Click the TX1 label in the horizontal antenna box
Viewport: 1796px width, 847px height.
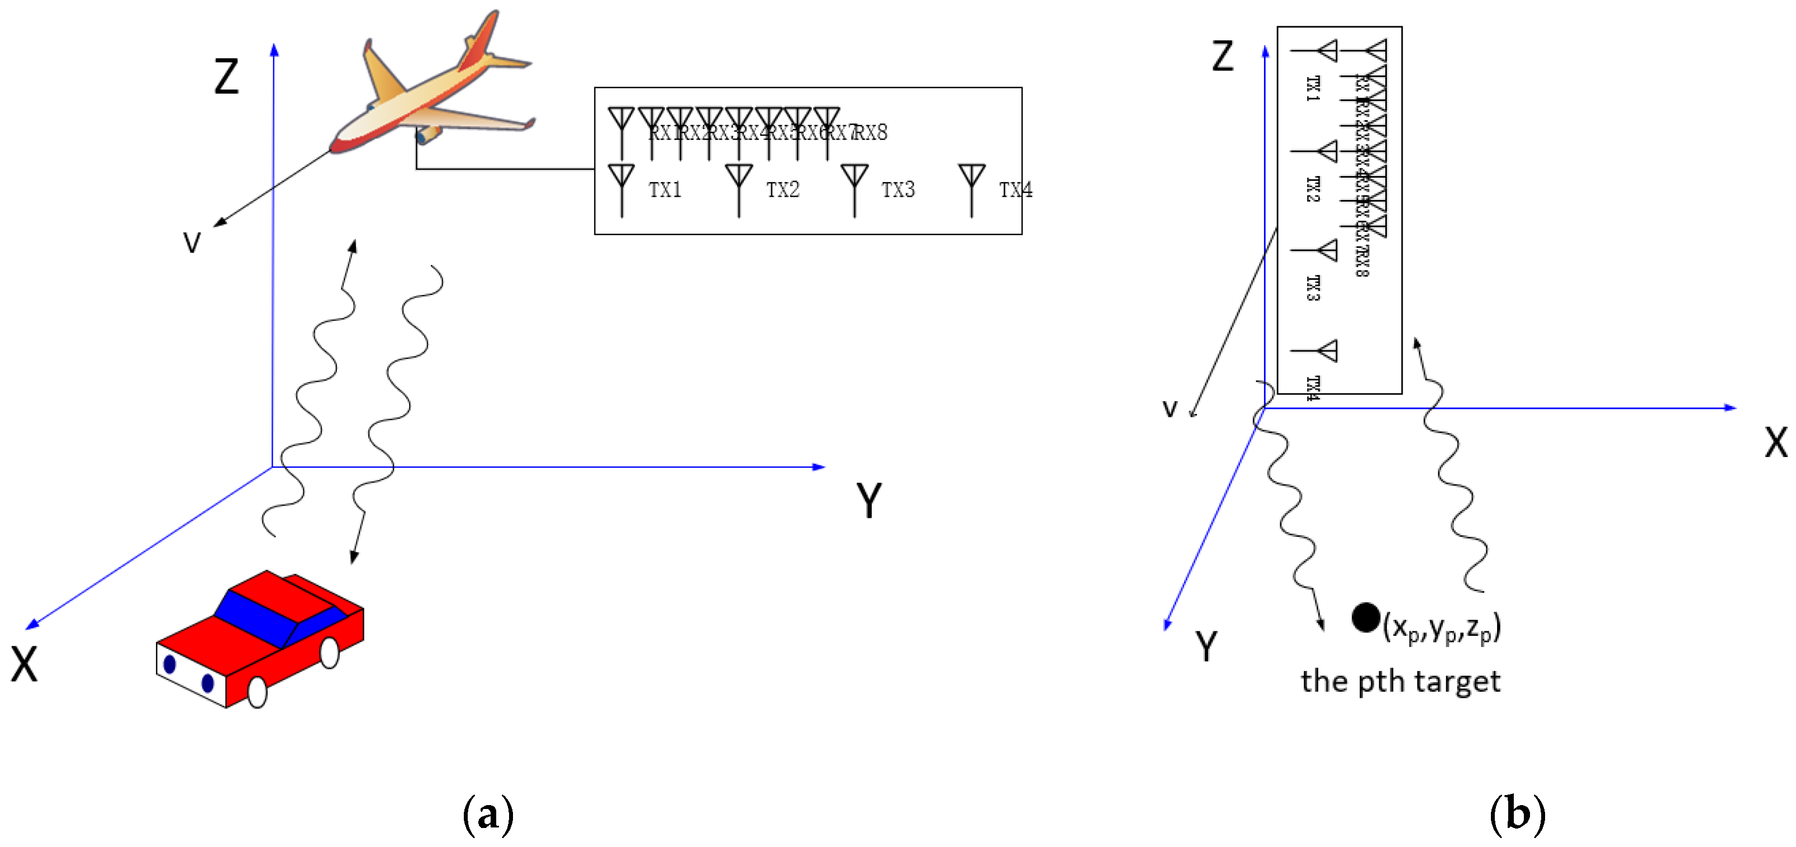664,189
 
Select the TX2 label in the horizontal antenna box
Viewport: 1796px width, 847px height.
782,189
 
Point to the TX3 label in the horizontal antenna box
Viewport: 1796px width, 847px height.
898,189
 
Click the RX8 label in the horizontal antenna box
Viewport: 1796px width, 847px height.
872,132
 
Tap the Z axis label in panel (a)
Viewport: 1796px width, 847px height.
226,77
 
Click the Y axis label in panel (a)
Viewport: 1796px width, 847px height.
869,501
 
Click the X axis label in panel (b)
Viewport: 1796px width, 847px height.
1776,442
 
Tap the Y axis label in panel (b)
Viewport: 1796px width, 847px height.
1206,646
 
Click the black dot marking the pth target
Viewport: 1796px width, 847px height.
1366,617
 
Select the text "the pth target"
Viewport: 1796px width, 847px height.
1400,681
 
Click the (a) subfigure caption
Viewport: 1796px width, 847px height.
488,814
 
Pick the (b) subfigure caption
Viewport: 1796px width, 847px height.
1517,814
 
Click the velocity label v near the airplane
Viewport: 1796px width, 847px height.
192,242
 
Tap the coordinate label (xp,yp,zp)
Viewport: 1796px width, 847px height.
1442,628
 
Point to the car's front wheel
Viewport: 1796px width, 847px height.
257,692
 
